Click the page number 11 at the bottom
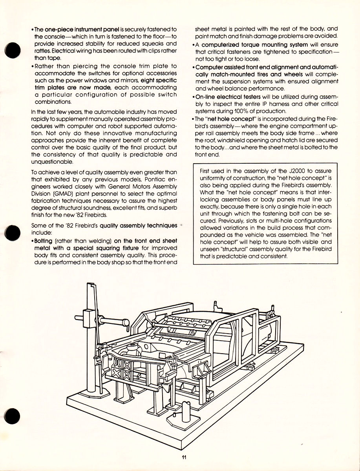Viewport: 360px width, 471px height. coord(184,456)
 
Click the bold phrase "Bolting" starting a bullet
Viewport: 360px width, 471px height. coord(46,241)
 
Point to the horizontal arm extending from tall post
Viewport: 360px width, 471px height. coord(110,321)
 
